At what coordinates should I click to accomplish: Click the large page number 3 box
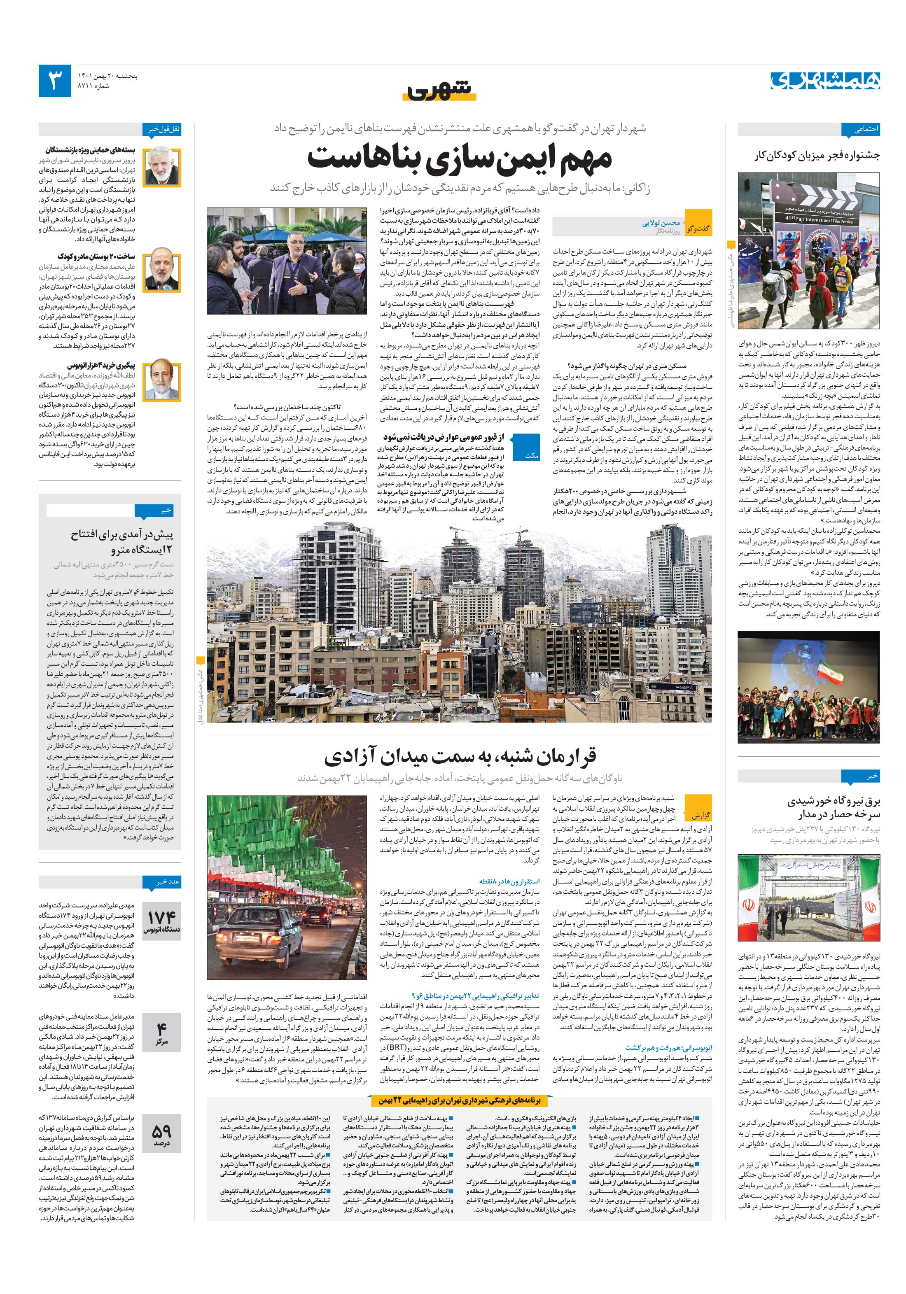coord(55,81)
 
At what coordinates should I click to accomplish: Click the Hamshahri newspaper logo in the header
coord(825,81)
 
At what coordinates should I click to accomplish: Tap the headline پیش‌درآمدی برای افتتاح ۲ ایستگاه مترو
coord(122,542)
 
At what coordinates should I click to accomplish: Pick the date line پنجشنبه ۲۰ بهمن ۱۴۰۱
coord(109,75)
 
